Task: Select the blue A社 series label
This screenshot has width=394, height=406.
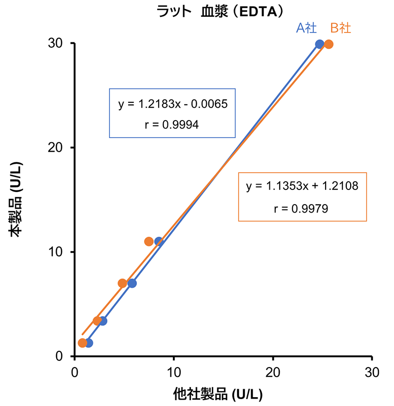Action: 306,28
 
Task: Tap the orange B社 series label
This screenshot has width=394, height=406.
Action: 340,28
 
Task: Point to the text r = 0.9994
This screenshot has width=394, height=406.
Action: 172,125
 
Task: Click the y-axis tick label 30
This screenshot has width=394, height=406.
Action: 55,43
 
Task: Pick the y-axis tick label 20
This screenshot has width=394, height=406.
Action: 55,148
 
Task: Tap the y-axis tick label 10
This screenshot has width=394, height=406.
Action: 55,252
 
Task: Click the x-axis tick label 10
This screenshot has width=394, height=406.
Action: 173,372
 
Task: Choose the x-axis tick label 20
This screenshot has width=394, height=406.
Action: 273,372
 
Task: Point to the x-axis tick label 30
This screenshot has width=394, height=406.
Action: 372,372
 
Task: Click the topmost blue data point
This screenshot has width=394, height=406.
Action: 320,44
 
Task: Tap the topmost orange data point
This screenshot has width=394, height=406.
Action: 328,44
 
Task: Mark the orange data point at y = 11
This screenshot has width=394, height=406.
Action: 149,241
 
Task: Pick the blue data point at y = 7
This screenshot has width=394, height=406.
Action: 132,283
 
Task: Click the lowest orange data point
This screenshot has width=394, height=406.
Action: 82,343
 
